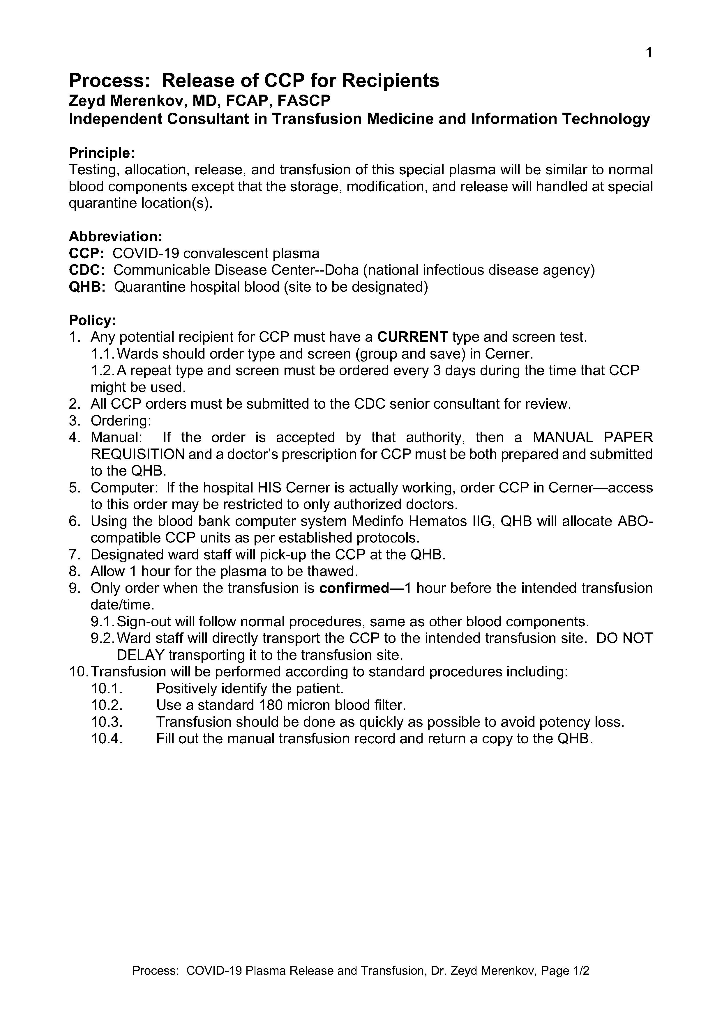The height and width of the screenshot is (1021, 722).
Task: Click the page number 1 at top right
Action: [649, 53]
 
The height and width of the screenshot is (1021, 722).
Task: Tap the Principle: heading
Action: [101, 153]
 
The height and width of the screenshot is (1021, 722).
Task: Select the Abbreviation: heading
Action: [115, 236]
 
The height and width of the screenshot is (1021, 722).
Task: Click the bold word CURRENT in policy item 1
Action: [412, 337]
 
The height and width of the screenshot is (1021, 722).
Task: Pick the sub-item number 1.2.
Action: [103, 371]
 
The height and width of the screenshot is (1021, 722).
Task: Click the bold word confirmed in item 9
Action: [354, 588]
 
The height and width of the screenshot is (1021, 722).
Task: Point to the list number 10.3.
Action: [107, 722]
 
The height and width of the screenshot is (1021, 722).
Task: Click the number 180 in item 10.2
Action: [268, 705]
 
